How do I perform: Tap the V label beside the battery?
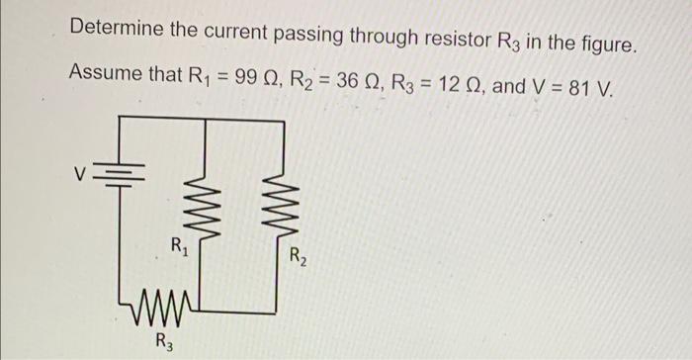(88, 174)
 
